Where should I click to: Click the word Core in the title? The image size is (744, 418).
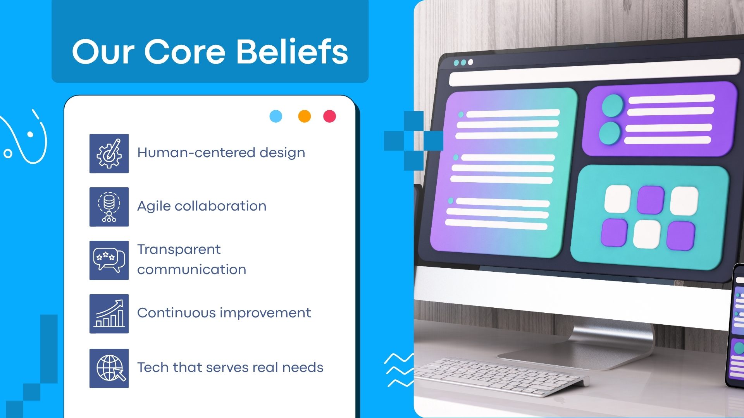tap(185, 52)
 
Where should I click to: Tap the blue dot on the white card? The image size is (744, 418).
tap(276, 116)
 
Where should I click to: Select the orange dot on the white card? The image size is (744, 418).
tap(305, 116)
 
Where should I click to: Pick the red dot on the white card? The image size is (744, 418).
tap(330, 116)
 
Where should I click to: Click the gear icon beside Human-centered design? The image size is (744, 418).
tap(109, 154)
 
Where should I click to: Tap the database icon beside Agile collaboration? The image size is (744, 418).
tap(109, 207)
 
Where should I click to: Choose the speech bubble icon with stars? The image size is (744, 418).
tap(109, 260)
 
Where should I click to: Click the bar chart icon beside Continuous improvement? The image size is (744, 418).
tap(109, 313)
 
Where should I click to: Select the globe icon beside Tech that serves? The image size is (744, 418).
tap(109, 368)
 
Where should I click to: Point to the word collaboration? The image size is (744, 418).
tap(220, 206)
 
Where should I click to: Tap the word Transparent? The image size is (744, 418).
tap(179, 250)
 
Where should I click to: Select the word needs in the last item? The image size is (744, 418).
tap(303, 367)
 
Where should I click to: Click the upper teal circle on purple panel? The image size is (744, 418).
tap(613, 106)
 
